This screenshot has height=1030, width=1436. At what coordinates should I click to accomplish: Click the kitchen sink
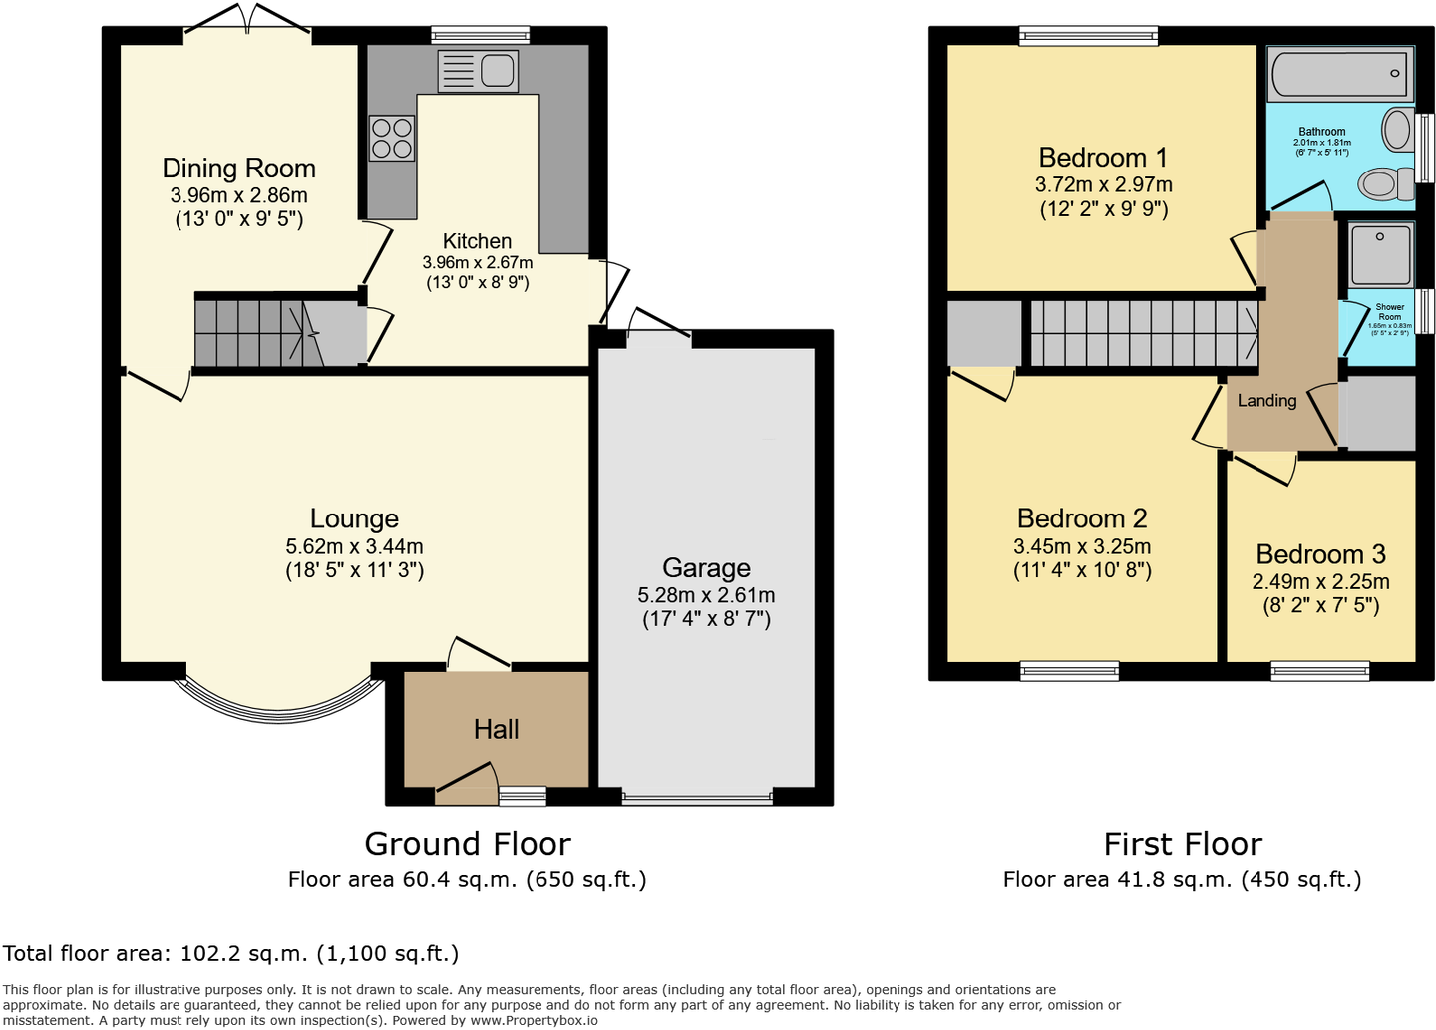click(478, 71)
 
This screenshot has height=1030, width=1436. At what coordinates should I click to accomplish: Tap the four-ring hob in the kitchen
click(391, 139)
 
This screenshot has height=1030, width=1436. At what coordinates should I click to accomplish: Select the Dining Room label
click(238, 169)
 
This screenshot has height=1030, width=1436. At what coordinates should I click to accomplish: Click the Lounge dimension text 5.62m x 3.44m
click(354, 546)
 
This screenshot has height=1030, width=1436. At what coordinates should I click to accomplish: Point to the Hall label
click(496, 729)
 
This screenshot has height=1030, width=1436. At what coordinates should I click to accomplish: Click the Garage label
click(706, 568)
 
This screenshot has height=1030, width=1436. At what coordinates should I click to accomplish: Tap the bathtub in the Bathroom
click(1339, 74)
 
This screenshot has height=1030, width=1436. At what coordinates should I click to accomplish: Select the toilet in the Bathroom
click(1381, 183)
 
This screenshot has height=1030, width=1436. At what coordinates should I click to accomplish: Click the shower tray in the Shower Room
click(1380, 255)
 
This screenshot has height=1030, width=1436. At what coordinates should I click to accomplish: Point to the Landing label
click(1266, 401)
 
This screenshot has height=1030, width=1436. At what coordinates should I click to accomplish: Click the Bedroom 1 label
click(1102, 158)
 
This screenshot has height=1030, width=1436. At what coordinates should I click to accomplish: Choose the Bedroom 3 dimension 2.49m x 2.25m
click(1320, 581)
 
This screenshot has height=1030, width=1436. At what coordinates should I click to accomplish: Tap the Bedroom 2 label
click(1081, 518)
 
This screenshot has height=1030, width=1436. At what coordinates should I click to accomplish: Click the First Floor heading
click(1183, 844)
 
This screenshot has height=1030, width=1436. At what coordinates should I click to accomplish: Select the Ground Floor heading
click(467, 844)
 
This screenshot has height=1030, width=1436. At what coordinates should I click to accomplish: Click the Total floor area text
click(230, 953)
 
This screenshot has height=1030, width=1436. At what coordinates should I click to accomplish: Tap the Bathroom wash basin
click(1396, 130)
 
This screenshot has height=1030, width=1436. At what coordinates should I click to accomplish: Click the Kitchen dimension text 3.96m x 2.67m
click(477, 263)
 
